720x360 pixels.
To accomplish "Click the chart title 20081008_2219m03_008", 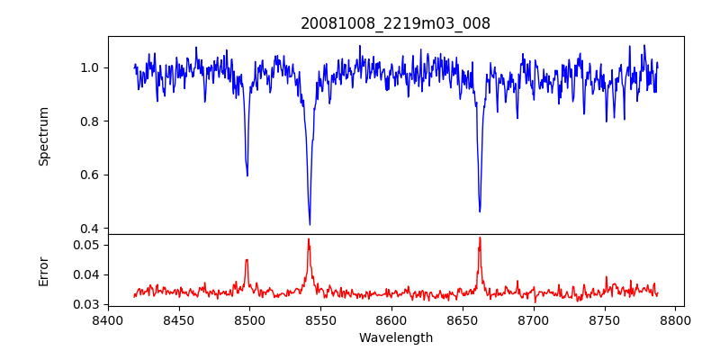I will pyautogui.click(x=395, y=23).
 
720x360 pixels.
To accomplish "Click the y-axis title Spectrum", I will pyautogui.click(x=43, y=136).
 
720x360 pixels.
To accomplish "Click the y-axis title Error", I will pyautogui.click(x=43, y=271).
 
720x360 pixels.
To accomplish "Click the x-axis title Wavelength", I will pyautogui.click(x=395, y=338).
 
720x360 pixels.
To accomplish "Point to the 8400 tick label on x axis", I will pyautogui.click(x=108, y=319).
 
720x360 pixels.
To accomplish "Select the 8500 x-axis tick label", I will pyautogui.click(x=250, y=319).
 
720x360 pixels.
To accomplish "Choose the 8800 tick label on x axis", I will pyautogui.click(x=676, y=319).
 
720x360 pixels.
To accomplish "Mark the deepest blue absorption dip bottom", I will pyautogui.click(x=310, y=224).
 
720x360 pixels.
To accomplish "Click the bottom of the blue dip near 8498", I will pyautogui.click(x=247, y=175).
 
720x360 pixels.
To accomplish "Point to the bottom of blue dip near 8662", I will pyautogui.click(x=480, y=211).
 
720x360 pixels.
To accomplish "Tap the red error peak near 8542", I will pyautogui.click(x=309, y=239).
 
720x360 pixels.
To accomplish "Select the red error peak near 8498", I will pyautogui.click(x=247, y=260).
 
